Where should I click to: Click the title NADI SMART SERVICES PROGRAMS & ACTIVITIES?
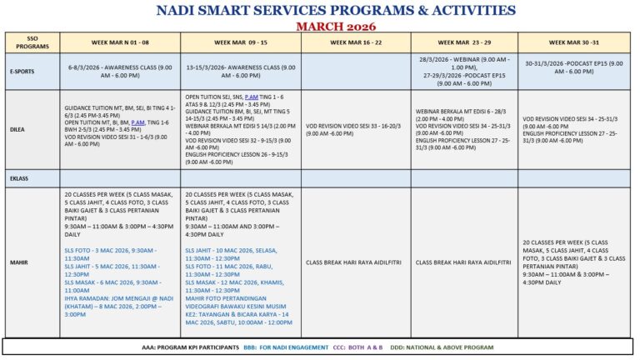click(335, 11)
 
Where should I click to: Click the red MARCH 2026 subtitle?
click(336, 26)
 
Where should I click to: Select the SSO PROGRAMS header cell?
click(32, 42)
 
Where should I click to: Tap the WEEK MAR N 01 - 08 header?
click(119, 42)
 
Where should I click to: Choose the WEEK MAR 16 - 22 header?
click(356, 42)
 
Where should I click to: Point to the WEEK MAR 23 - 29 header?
click(464, 42)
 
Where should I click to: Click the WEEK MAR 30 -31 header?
click(574, 42)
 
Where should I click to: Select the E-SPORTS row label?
click(32, 71)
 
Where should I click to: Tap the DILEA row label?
click(32, 129)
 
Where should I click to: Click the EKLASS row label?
click(32, 178)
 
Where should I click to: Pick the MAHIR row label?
click(32, 262)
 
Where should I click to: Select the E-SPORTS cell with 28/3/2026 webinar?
click(464, 71)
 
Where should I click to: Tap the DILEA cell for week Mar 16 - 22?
click(356, 129)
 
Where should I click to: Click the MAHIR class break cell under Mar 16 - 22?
click(356, 262)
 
